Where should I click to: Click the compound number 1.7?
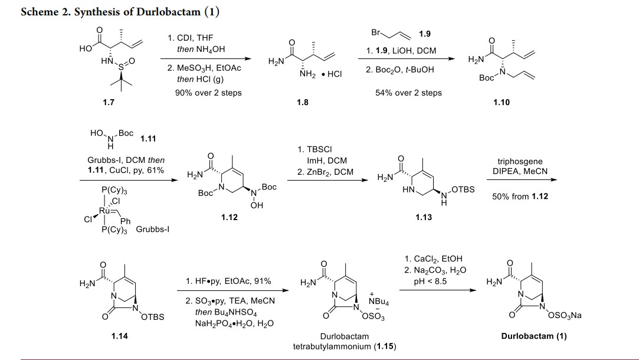coord(109,102)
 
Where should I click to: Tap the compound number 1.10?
coord(501,102)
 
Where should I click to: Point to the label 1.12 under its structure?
coord(229,217)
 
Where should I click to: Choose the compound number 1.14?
coord(120,336)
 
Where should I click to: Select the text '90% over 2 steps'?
coord(208,93)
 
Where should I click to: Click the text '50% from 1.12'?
coord(520,197)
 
